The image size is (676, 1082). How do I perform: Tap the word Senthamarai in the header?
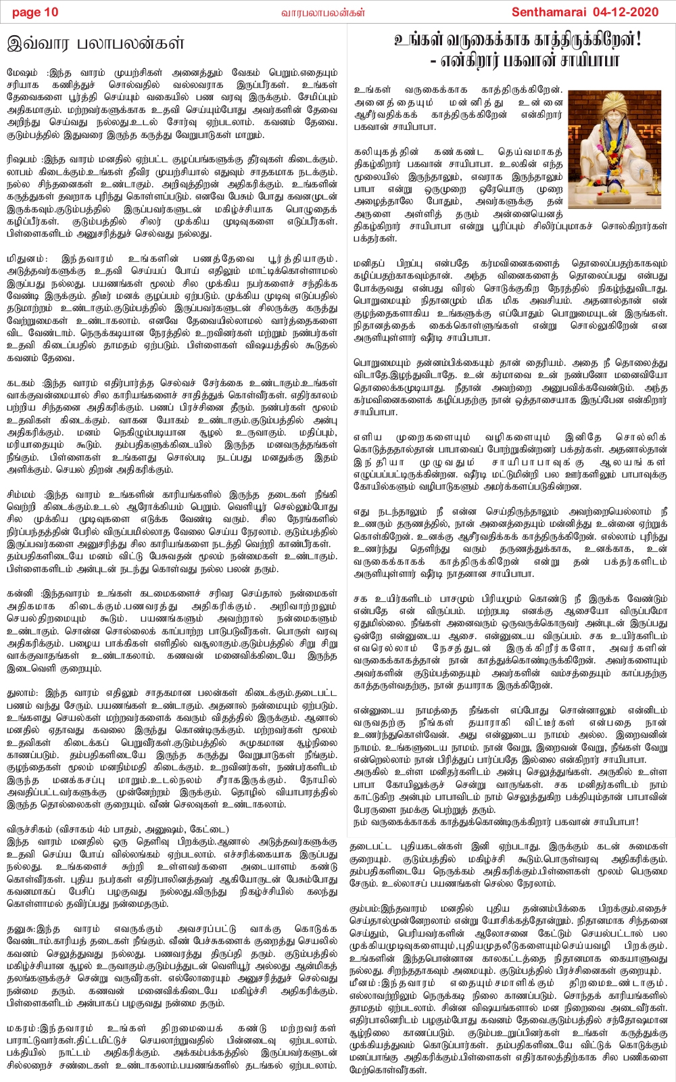(x=552, y=12)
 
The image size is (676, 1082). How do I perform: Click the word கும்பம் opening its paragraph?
(x=366, y=909)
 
